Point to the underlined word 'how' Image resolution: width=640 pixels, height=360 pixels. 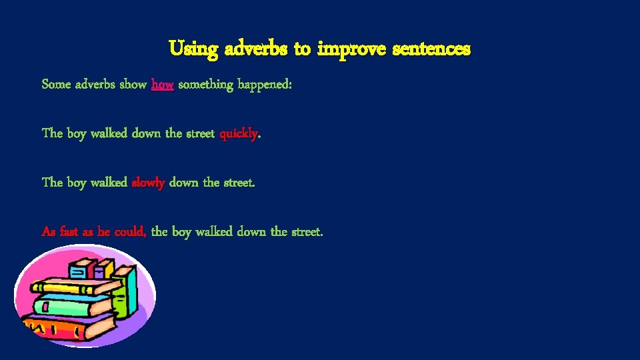(163, 85)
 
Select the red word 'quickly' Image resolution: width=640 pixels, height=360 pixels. (239, 133)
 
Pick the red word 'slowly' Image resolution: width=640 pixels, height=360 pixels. (149, 182)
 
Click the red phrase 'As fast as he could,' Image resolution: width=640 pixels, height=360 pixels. (94, 231)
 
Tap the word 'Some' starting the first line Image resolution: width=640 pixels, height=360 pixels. (55, 85)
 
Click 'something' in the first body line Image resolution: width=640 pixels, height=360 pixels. (205, 85)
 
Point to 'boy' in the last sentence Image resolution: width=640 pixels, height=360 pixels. (182, 231)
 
